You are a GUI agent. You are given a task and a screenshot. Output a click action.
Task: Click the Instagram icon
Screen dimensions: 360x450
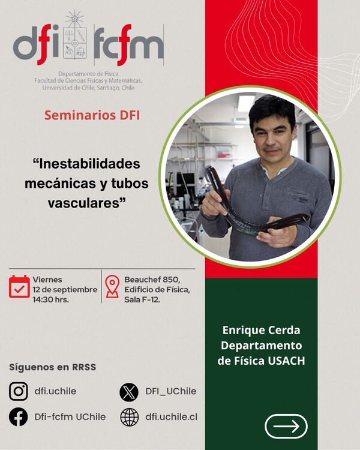tap(19, 391)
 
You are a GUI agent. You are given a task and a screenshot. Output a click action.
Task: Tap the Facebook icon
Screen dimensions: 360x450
tap(19, 417)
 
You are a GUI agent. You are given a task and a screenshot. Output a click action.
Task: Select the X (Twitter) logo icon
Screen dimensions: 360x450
tap(129, 392)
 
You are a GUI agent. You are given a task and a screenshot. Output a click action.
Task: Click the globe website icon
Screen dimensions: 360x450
tap(129, 417)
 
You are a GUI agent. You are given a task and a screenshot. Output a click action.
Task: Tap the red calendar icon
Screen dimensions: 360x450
tap(19, 286)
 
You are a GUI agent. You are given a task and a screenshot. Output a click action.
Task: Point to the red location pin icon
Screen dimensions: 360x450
tap(112, 286)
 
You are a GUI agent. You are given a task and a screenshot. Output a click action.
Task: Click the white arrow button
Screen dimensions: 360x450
tap(286, 426)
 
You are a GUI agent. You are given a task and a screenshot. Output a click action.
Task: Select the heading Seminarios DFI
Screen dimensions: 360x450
tap(92, 115)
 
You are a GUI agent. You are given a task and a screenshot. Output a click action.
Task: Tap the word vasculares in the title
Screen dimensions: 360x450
tap(84, 203)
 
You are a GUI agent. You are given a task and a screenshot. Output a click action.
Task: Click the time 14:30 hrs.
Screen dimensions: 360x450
tap(50, 300)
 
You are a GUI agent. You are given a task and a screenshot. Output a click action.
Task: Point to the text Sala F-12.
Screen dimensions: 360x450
tap(142, 300)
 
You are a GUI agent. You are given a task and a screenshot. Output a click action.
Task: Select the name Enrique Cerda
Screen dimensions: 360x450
tap(261, 330)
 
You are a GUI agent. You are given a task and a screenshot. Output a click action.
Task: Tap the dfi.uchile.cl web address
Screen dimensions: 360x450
tap(172, 417)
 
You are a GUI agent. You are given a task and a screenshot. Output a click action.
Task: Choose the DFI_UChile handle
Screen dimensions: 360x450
tap(171, 391)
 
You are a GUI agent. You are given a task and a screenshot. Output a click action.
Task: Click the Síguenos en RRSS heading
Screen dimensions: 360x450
tap(53, 367)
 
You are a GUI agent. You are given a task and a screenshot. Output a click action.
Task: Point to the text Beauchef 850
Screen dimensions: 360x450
tap(152, 280)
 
